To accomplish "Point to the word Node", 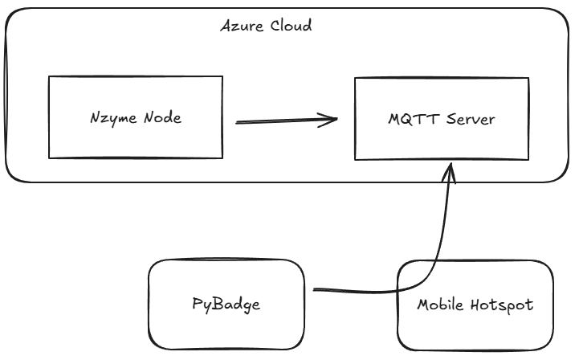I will (x=162, y=118).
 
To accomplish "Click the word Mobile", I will (x=440, y=305).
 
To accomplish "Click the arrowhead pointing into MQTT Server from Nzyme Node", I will (x=333, y=121).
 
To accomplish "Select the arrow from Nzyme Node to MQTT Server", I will (x=285, y=122).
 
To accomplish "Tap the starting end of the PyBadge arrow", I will (x=315, y=289).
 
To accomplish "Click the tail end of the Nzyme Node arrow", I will (x=237, y=123).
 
